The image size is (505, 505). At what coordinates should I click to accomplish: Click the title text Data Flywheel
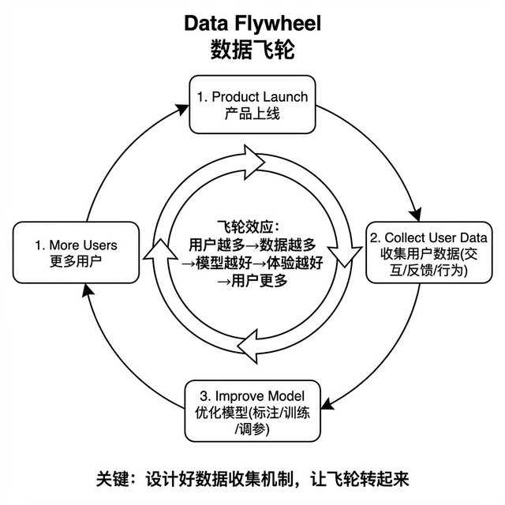pos(252,23)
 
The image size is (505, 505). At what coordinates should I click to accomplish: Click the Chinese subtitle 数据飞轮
pos(252,50)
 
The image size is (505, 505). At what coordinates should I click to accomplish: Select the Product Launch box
pos(252,104)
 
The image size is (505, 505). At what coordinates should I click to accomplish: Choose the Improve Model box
pos(252,411)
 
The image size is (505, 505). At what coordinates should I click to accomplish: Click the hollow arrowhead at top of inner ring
pos(257,163)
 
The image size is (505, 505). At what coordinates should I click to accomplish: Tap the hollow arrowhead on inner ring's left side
pos(154,251)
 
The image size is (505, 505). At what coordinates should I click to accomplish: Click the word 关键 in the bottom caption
pos(111,478)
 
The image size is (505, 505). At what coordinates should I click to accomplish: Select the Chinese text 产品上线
pos(252,114)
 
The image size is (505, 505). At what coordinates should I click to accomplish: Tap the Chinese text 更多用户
pos(77,261)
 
